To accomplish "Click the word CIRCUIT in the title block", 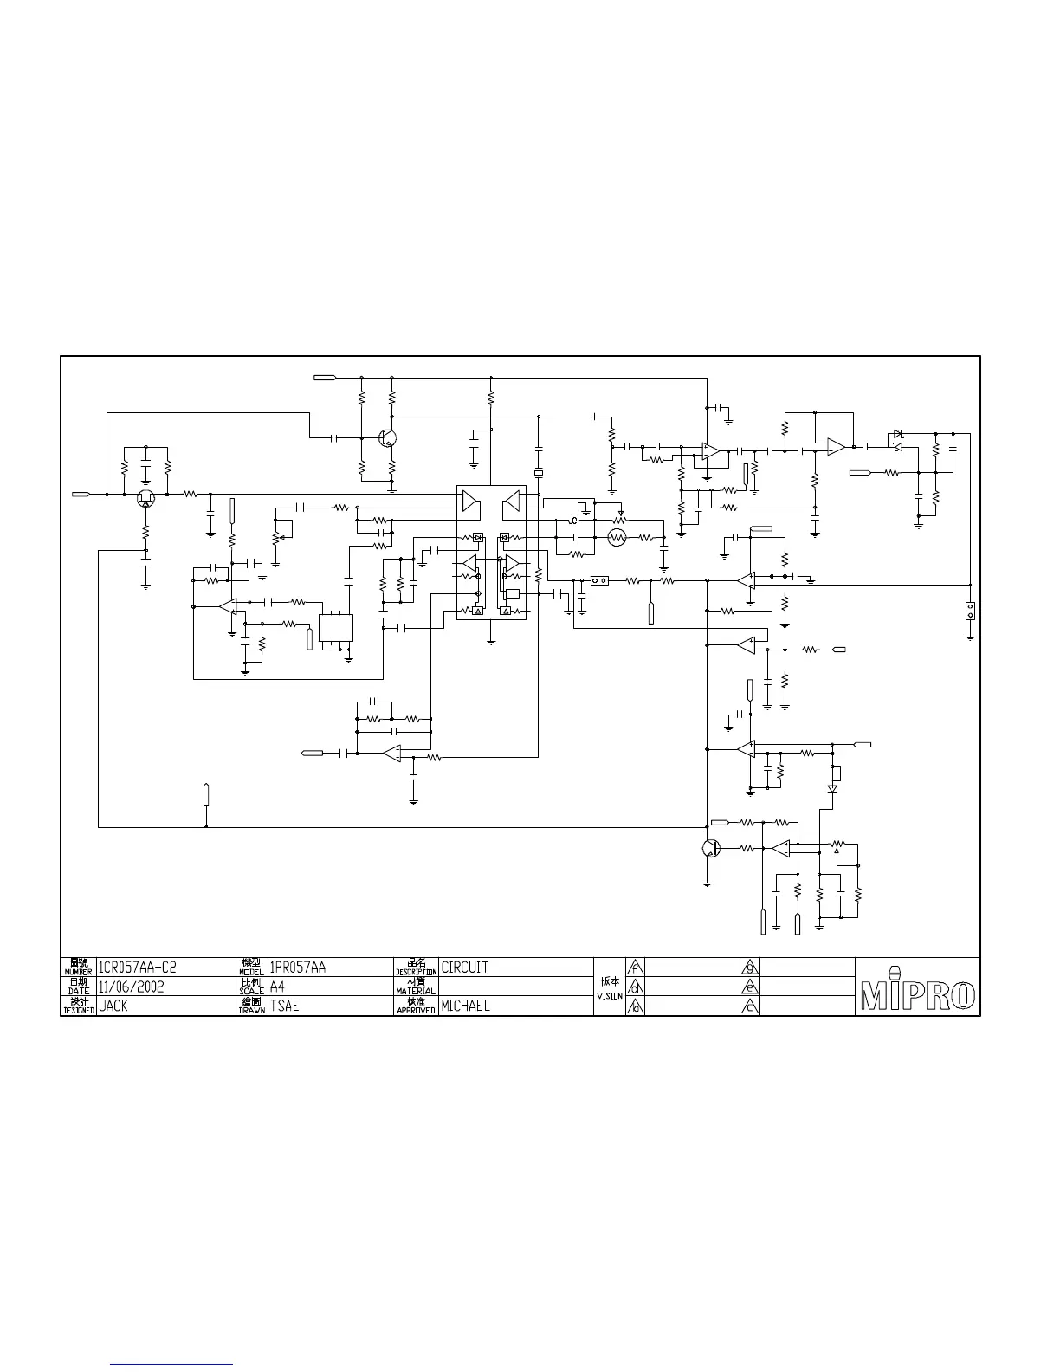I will point(464,967).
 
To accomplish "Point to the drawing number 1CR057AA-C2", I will point(138,967).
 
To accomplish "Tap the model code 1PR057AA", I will point(297,967).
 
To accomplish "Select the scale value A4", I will point(277,987).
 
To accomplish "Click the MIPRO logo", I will point(917,994).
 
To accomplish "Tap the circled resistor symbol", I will point(617,538).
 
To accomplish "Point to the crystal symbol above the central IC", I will point(538,473).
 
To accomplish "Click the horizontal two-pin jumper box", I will point(598,581).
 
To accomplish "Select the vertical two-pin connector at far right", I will point(970,611).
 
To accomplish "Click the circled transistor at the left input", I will point(145,497).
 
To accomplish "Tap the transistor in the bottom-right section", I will point(709,849).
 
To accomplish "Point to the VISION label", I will point(610,996).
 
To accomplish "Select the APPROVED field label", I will point(416,1010).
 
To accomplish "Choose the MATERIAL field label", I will point(416,991).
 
